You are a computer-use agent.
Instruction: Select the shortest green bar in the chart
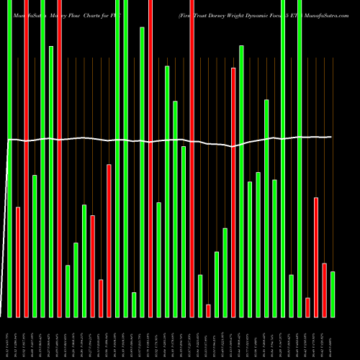click(x=134, y=305)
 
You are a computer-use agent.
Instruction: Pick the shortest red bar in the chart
click(x=208, y=310)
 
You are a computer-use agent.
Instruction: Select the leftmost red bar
click(x=18, y=262)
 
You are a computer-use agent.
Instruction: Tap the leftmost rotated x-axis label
click(x=9, y=338)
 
